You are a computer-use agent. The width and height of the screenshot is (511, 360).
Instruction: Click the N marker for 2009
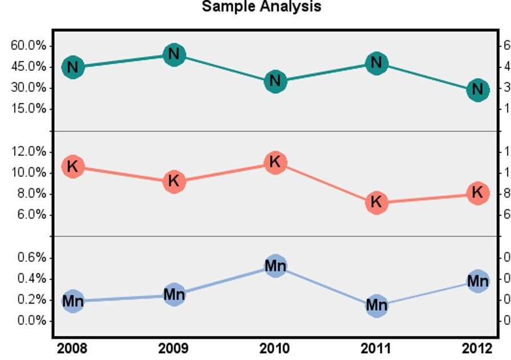click(174, 55)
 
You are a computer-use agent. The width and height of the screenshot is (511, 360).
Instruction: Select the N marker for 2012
click(477, 90)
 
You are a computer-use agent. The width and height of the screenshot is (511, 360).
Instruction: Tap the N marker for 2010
click(275, 81)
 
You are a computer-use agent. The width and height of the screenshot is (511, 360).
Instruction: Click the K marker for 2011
click(376, 202)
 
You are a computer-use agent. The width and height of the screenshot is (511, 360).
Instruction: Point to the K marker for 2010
click(275, 163)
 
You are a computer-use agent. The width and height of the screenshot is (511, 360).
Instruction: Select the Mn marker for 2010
click(275, 266)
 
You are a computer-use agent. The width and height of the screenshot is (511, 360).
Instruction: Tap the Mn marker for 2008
click(72, 301)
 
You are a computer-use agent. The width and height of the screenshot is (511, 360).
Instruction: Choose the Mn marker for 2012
click(477, 281)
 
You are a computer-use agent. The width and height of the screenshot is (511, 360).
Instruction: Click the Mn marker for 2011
click(376, 306)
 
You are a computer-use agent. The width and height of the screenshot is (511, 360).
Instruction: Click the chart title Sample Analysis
click(262, 7)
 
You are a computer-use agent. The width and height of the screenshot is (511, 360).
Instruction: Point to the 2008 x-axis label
click(72, 349)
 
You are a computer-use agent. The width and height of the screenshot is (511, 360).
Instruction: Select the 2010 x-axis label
click(275, 349)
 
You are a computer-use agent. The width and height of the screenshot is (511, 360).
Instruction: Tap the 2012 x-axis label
click(477, 349)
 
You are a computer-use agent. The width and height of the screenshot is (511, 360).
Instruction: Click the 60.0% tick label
click(29, 46)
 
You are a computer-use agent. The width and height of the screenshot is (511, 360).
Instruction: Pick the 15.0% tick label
click(29, 108)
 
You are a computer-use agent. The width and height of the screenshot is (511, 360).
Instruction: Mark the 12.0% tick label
click(29, 151)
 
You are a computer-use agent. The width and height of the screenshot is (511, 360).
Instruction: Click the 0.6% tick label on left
click(31, 257)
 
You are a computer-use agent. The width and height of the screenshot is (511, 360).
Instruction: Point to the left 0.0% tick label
click(31, 321)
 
